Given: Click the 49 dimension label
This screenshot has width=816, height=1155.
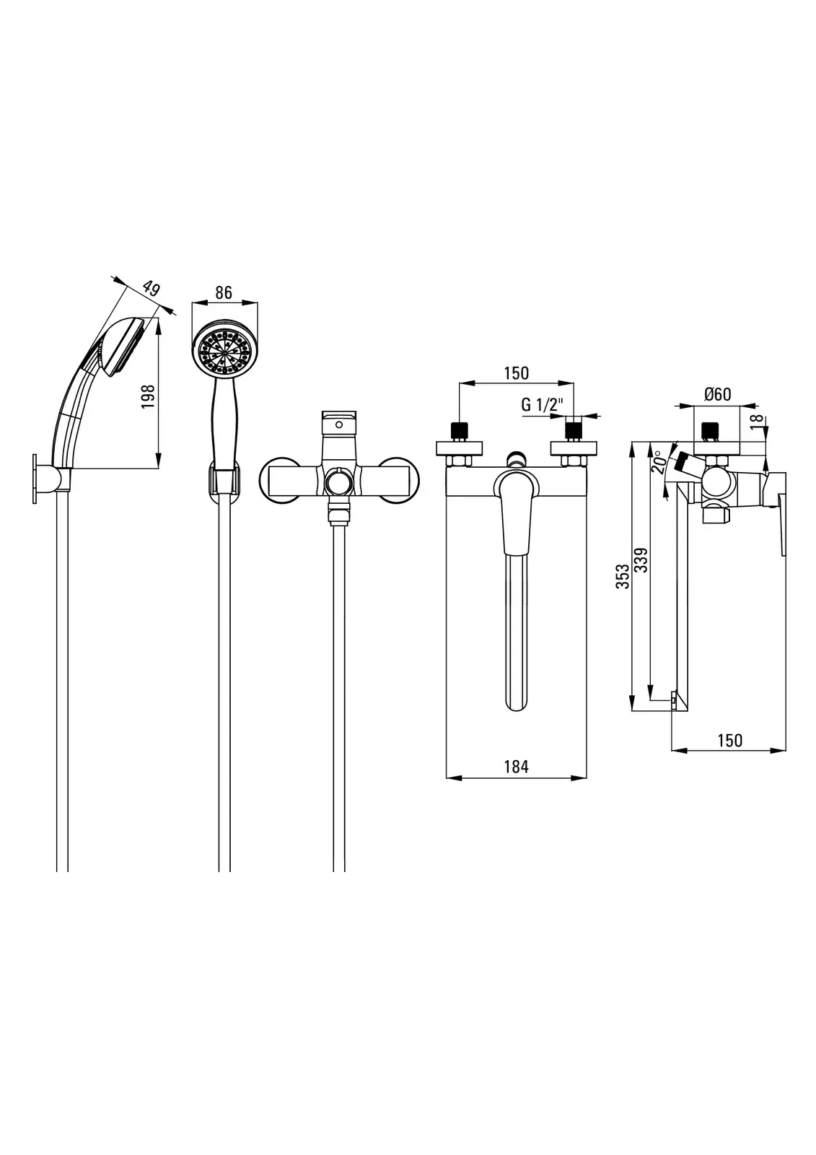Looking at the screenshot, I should click(151, 289).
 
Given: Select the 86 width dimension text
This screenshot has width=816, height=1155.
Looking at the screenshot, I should click(224, 292).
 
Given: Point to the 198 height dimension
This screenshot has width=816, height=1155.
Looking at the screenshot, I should click(149, 397).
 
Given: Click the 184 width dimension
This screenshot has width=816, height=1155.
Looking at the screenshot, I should click(516, 767).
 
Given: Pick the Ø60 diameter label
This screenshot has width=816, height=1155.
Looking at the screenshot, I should click(717, 394).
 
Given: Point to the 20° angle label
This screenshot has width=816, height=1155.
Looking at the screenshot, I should click(657, 463).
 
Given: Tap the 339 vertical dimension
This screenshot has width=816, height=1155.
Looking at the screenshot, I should click(641, 560).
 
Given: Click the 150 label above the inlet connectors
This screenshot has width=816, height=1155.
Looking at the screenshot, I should click(516, 373).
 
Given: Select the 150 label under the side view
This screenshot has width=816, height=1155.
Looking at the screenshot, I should click(729, 741).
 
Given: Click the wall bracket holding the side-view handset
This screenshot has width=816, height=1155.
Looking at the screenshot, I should click(51, 479).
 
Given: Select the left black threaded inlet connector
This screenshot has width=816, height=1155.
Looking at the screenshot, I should click(457, 431).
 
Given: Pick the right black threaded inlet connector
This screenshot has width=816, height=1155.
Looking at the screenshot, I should click(574, 431).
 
